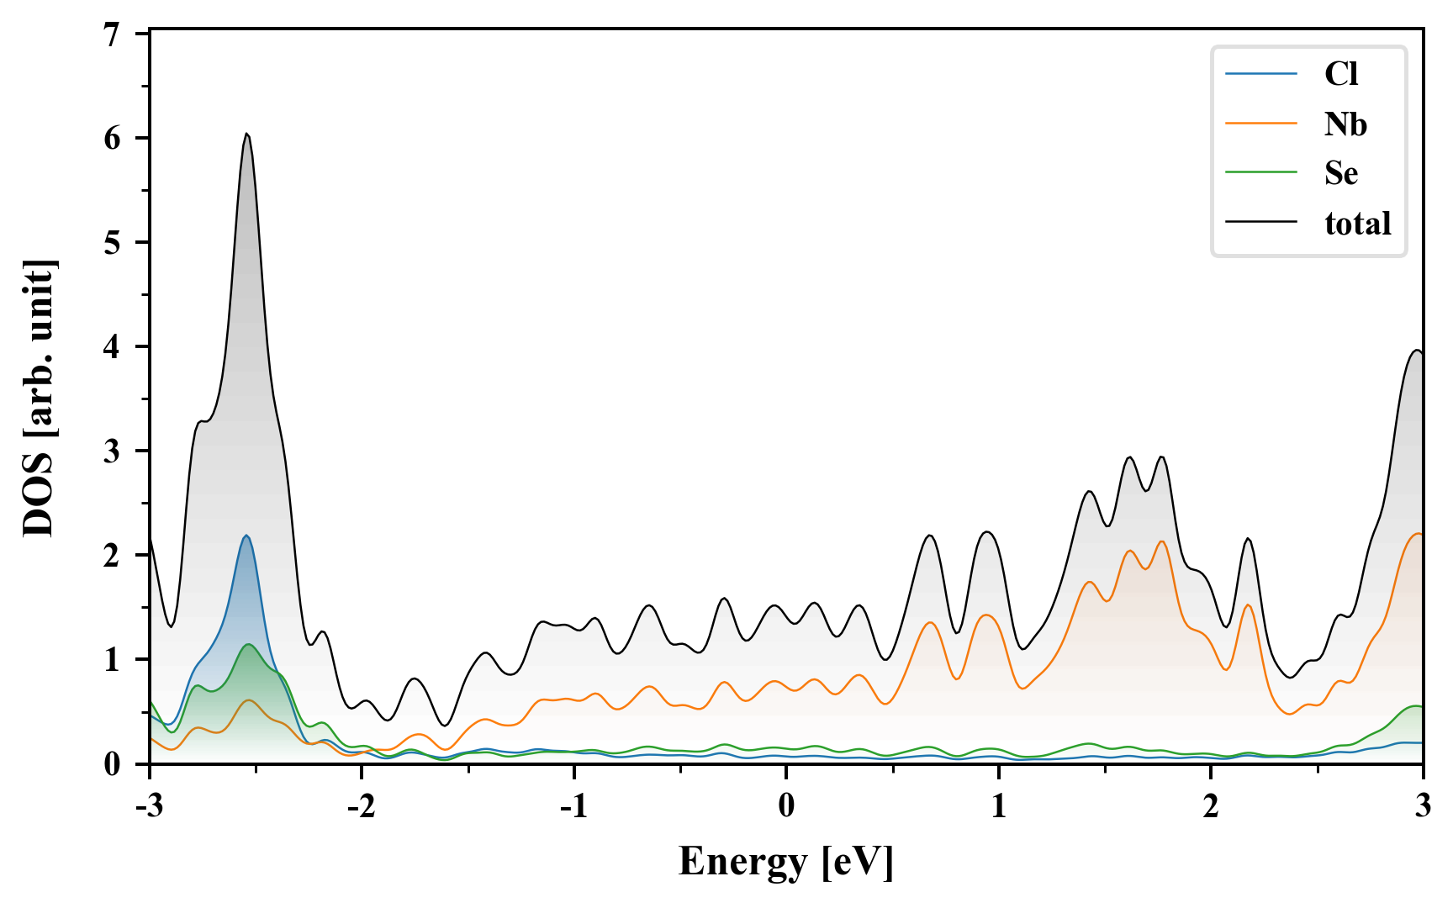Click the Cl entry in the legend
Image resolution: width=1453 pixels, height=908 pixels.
pyautogui.click(x=1340, y=74)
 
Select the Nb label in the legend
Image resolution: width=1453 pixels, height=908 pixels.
pyautogui.click(x=1345, y=124)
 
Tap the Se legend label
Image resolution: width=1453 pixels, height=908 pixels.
pyautogui.click(x=1341, y=173)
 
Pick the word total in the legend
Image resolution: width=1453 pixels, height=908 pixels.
pyautogui.click(x=1357, y=223)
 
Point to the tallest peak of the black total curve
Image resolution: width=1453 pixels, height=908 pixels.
pyautogui.click(x=246, y=134)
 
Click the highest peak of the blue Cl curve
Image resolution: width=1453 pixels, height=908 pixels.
pyautogui.click(x=246, y=536)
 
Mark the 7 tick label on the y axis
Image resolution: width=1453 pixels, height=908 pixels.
pyautogui.click(x=113, y=34)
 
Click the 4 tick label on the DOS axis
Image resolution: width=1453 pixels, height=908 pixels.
pyautogui.click(x=113, y=346)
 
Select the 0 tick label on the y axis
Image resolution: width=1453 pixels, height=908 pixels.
pyautogui.click(x=113, y=763)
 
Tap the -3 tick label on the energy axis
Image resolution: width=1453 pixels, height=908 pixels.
pyautogui.click(x=149, y=805)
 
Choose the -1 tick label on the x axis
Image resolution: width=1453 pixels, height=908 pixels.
pyautogui.click(x=573, y=805)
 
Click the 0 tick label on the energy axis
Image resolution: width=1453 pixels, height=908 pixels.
pyautogui.click(x=786, y=805)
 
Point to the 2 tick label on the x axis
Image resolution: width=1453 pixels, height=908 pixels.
pyautogui.click(x=1210, y=805)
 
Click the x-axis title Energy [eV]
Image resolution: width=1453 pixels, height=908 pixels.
pyautogui.click(x=786, y=861)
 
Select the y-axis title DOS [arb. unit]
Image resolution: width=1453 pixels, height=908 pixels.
pyautogui.click(x=39, y=399)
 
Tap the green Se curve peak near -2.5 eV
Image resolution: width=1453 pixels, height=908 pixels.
pyautogui.click(x=249, y=644)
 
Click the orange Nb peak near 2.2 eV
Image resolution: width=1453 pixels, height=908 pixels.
pyautogui.click(x=1248, y=605)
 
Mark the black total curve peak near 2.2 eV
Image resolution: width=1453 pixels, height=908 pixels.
pyautogui.click(x=1248, y=539)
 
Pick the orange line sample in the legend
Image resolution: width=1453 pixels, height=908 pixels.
pyautogui.click(x=1260, y=124)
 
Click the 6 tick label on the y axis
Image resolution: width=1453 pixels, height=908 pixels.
pyautogui.click(x=113, y=138)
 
